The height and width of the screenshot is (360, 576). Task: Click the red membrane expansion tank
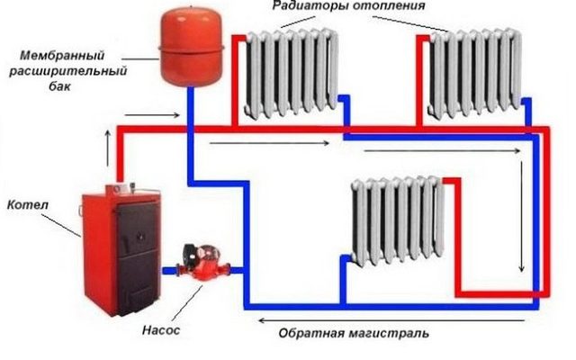click(x=191, y=47)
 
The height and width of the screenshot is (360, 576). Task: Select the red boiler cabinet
click(x=121, y=250)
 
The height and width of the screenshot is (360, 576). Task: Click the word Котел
click(x=28, y=205)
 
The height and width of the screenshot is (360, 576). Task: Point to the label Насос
click(x=161, y=330)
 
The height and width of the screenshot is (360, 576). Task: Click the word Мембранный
click(x=62, y=56)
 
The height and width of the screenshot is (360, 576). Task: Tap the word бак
click(x=59, y=86)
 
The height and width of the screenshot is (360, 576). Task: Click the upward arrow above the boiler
click(x=108, y=148)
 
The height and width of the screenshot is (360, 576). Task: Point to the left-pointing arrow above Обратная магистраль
click(x=391, y=320)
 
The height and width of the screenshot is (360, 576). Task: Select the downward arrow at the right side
click(x=522, y=216)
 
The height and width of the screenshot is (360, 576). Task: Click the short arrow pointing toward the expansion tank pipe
click(x=152, y=115)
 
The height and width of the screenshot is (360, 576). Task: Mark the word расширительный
click(x=68, y=71)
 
